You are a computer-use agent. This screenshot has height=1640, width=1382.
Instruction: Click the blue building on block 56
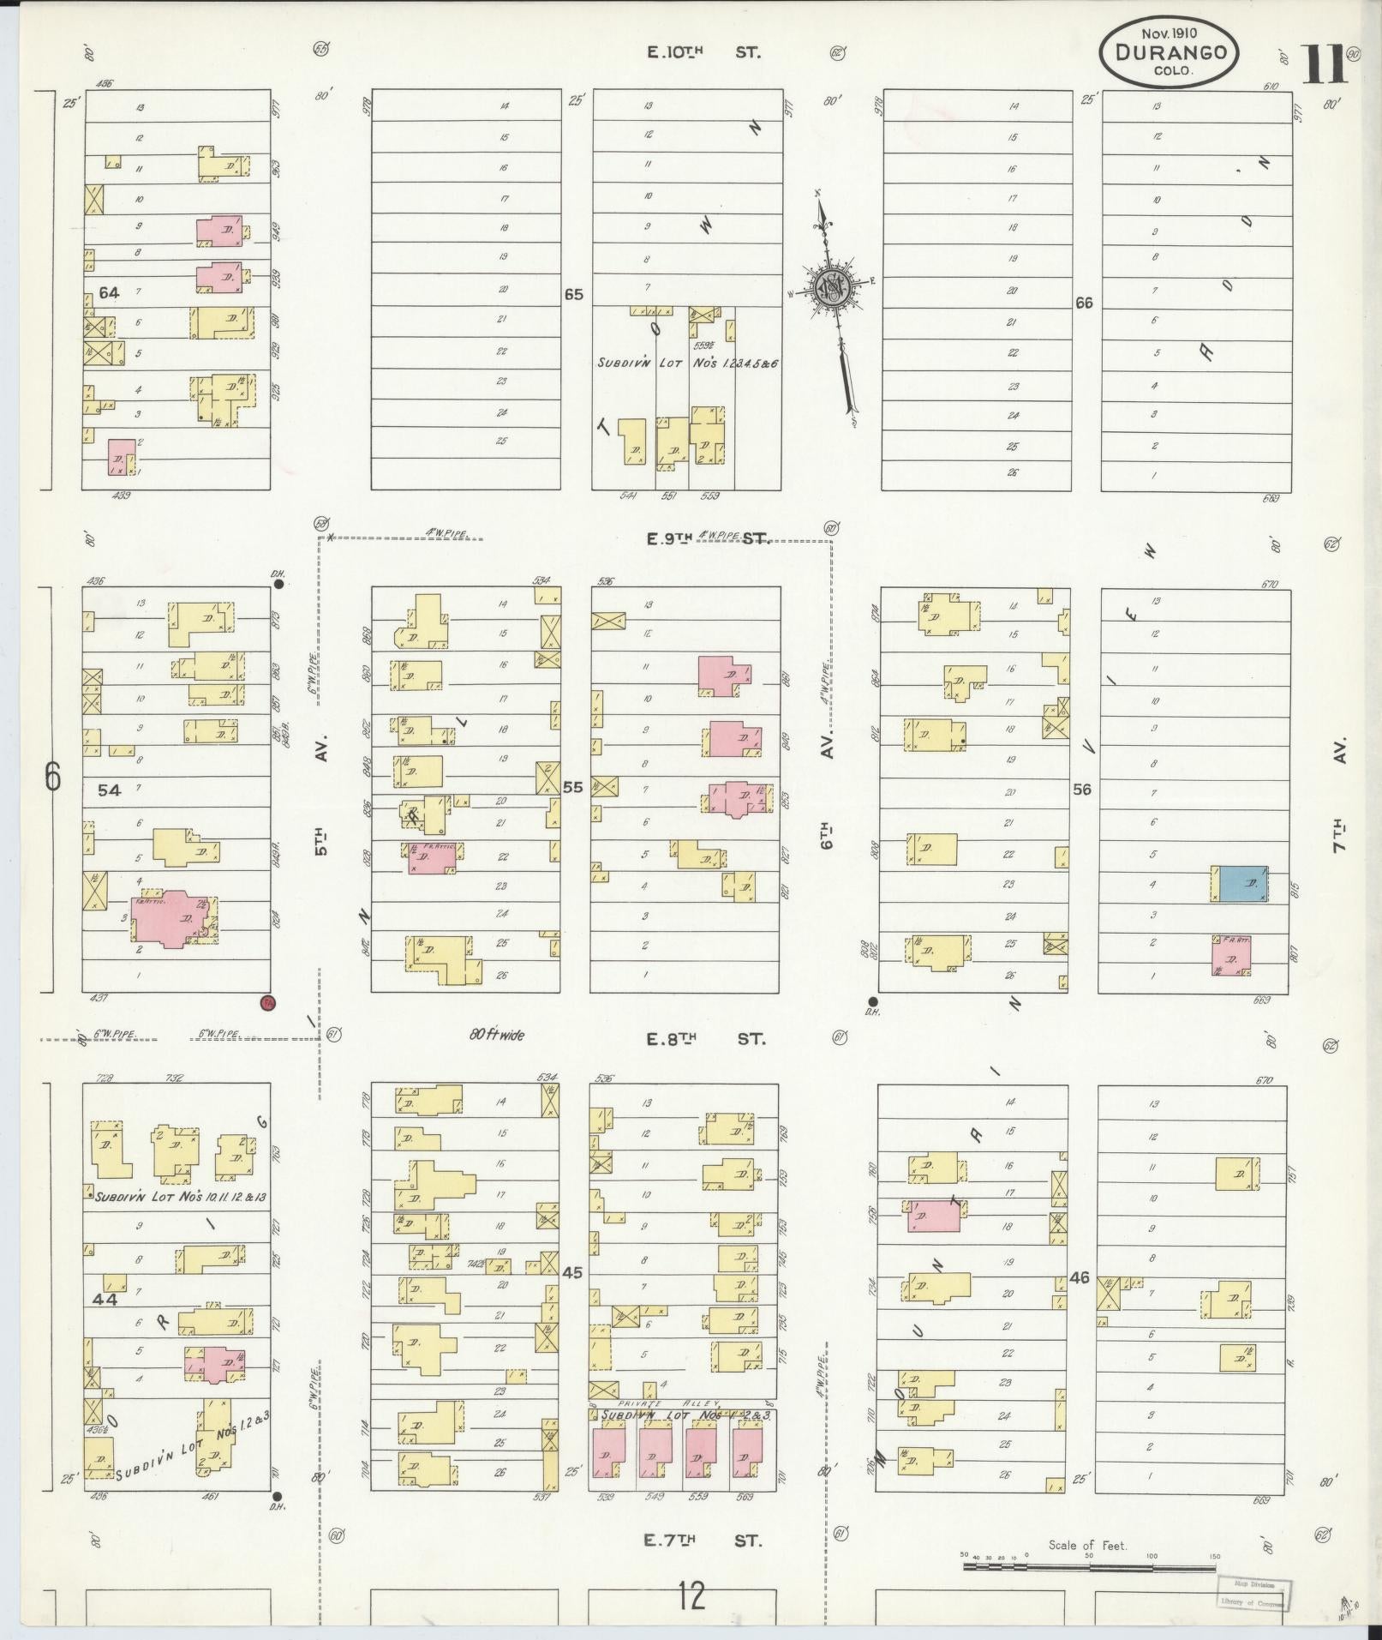(x=1243, y=884)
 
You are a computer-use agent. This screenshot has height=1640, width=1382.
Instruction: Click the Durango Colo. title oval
(x=1169, y=53)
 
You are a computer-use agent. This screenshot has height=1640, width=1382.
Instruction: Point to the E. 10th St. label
(x=703, y=52)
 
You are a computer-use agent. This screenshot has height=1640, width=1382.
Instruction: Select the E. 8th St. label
(x=703, y=1039)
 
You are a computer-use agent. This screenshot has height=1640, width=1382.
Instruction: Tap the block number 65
(x=573, y=295)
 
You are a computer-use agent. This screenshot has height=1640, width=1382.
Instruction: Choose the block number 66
(x=1084, y=303)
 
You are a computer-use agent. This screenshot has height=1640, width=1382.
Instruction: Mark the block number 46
(x=1079, y=1301)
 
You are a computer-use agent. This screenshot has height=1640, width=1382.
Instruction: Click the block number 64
(x=109, y=293)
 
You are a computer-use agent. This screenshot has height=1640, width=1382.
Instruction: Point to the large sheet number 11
(x=1324, y=64)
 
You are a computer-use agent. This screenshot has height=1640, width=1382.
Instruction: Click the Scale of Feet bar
(x=1088, y=1565)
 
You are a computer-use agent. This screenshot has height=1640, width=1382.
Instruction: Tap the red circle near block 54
(x=267, y=1002)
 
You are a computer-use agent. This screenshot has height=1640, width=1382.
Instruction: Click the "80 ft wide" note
(x=497, y=1035)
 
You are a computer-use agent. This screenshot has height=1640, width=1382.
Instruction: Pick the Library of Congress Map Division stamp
(x=1252, y=1593)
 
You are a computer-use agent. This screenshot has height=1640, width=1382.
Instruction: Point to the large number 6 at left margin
(x=53, y=778)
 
